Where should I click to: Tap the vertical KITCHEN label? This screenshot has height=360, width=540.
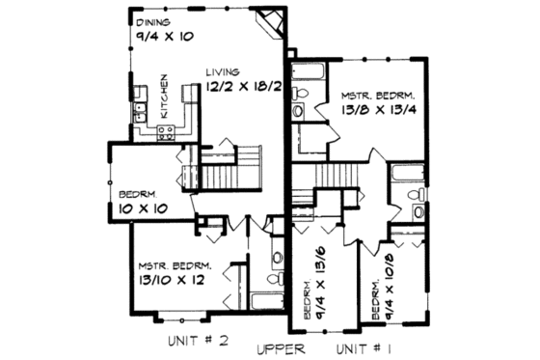(x=165, y=97)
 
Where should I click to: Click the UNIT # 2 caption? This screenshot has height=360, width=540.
(x=195, y=341)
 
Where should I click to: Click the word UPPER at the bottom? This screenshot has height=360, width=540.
(x=282, y=347)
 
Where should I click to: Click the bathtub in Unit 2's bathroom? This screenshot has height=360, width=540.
(x=263, y=300)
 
